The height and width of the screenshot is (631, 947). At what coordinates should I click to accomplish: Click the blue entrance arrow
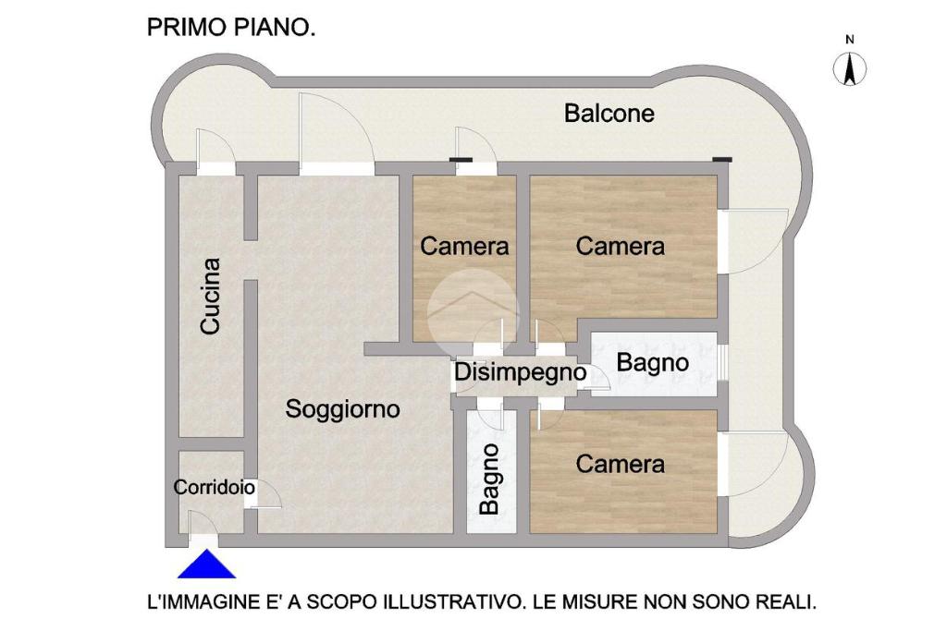pos(206,564)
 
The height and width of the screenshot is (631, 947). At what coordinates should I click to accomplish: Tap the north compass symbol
pos(850,68)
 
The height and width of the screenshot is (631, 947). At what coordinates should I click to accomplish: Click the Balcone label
pos(609,113)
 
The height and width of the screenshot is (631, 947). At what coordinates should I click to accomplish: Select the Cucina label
pos(210,297)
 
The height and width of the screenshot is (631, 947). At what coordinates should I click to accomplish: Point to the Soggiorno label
pos(342,409)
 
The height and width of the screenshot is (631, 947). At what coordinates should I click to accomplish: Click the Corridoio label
pos(214,487)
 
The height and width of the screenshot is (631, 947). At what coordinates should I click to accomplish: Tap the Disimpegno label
pos(520,372)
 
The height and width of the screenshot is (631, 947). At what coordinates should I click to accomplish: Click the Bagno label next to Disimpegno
pos(652,362)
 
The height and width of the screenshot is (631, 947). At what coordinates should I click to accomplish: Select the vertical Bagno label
pos(490,479)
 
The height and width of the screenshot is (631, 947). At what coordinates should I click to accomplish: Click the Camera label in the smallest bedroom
pos(464,246)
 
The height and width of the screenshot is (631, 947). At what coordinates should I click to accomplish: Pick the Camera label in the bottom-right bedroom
pos(621,464)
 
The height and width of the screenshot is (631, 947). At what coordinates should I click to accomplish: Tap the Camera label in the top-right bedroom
pos(621,246)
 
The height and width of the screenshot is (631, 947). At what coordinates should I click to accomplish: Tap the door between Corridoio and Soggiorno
pos(265,496)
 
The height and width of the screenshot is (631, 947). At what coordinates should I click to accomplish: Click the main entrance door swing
pos(203,522)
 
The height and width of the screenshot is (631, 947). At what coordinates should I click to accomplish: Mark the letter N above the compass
pos(850,40)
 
